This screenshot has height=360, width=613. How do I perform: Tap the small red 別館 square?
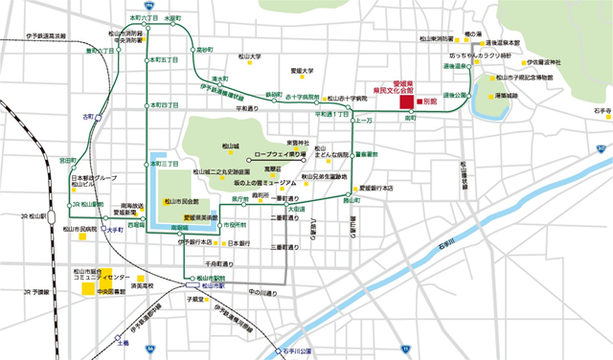tap(418, 100)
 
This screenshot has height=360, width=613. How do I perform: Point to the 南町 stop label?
tap(411, 120)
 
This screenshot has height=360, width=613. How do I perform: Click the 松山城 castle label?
tap(229, 146)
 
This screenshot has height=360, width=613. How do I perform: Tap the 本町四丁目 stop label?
tap(164, 103)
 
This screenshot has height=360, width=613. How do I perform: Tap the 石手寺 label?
tap(601, 110)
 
